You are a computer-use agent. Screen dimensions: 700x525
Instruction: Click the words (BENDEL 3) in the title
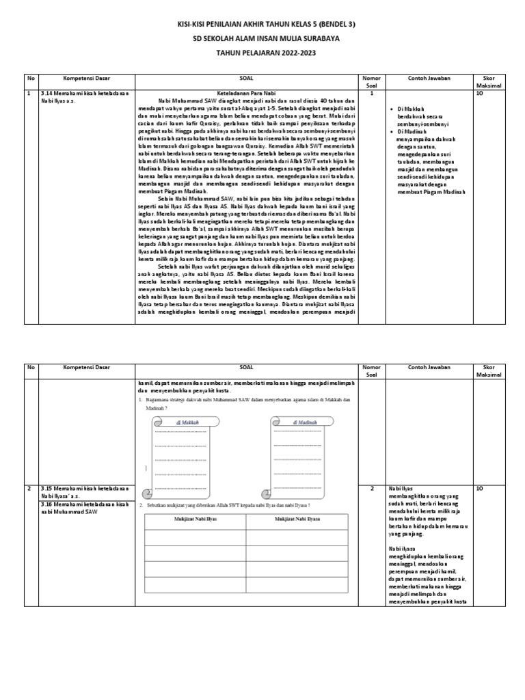pyautogui.click(x=332, y=24)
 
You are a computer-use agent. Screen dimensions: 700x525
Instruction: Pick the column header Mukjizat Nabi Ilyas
pyautogui.click(x=196, y=520)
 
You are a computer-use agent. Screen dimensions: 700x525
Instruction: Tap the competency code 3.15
pyautogui.click(x=46, y=489)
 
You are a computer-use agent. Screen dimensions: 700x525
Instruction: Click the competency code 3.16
pyautogui.click(x=46, y=504)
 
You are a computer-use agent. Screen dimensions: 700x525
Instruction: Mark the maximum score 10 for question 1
pyautogui.click(x=479, y=94)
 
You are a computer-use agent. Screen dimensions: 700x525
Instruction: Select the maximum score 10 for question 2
pyautogui.click(x=479, y=489)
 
